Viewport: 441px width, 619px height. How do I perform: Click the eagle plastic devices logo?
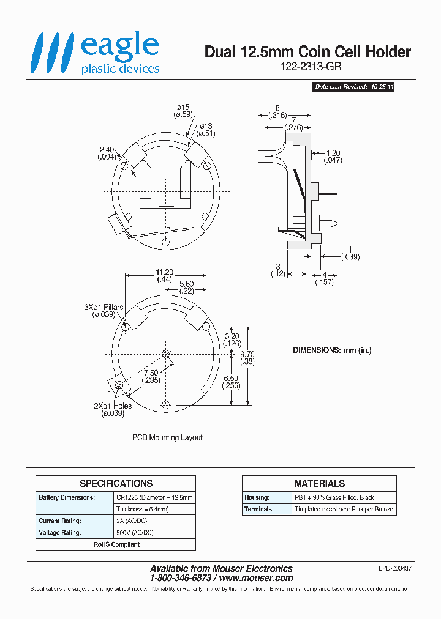(x=96, y=54)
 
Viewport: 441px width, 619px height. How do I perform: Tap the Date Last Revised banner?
(x=353, y=87)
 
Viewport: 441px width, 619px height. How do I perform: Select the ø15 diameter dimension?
(x=183, y=111)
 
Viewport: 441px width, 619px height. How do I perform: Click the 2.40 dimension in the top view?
(x=107, y=153)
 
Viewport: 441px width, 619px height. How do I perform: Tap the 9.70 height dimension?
(x=247, y=358)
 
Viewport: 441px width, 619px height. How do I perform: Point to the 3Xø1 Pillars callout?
(x=104, y=311)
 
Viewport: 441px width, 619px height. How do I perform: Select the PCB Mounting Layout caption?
(x=167, y=438)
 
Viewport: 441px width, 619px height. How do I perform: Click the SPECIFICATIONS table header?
(x=116, y=483)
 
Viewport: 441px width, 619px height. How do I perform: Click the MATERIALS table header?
(x=319, y=483)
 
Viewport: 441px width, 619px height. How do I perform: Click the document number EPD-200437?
(x=394, y=568)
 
